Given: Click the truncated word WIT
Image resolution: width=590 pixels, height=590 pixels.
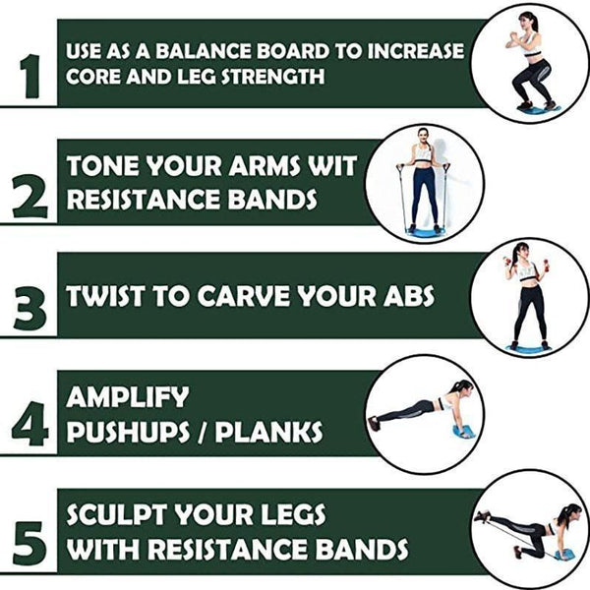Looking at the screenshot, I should click(x=332, y=167).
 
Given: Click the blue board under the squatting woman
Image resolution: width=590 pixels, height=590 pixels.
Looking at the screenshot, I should click(x=537, y=108).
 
